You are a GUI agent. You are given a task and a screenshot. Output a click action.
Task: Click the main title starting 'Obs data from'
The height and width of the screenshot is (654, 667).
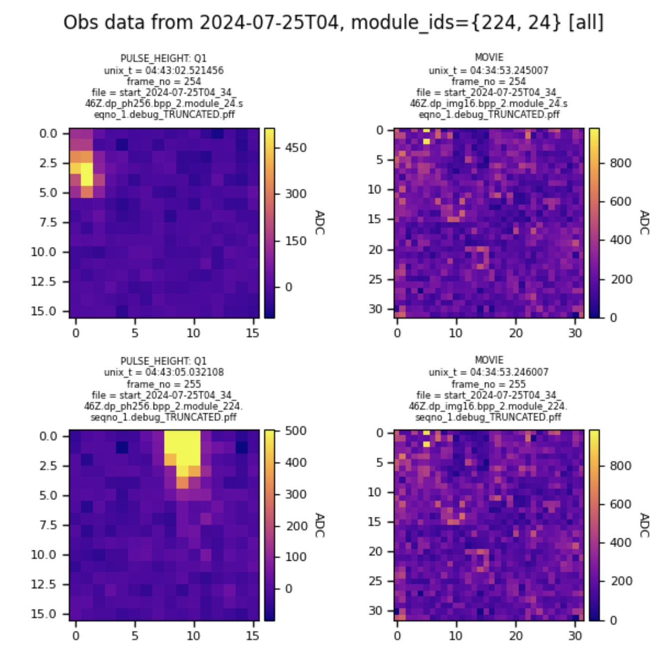pyautogui.click(x=333, y=22)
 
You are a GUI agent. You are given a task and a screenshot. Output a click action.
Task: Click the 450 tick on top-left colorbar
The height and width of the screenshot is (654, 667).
pyautogui.click(x=295, y=148)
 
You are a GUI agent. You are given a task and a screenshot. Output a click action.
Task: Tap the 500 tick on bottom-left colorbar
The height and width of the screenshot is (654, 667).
pyautogui.click(x=295, y=431)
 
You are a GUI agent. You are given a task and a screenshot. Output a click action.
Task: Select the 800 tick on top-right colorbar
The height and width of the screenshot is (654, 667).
pyautogui.click(x=621, y=163)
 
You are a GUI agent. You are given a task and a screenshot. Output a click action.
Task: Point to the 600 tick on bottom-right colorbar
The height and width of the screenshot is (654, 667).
pyautogui.click(x=621, y=504)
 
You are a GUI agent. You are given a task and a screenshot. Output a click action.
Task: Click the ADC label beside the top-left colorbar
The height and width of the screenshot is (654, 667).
pyautogui.click(x=320, y=222)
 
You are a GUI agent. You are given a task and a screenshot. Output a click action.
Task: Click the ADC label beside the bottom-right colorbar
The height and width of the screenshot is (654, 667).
pyautogui.click(x=644, y=525)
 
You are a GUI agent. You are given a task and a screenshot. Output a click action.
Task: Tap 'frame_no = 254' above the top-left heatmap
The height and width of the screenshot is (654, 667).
pyautogui.click(x=164, y=81)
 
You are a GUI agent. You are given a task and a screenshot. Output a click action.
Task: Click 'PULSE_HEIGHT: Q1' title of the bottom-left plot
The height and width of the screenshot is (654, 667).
pyautogui.click(x=164, y=360)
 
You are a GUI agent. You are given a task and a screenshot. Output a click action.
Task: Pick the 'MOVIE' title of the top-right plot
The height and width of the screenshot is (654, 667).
pyautogui.click(x=489, y=58)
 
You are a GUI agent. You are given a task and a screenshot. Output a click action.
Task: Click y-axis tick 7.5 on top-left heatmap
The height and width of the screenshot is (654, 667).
pyautogui.click(x=48, y=222)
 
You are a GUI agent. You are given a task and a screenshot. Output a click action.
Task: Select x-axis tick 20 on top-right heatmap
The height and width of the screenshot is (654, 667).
pyautogui.click(x=515, y=333)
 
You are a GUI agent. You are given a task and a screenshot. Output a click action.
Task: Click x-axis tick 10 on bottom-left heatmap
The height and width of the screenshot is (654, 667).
pyautogui.click(x=193, y=636)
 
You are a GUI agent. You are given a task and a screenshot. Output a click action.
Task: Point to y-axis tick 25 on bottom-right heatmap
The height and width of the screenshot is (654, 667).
pyautogui.click(x=375, y=581)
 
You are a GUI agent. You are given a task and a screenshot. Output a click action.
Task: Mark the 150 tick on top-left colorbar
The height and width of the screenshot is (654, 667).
pyautogui.click(x=295, y=241)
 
